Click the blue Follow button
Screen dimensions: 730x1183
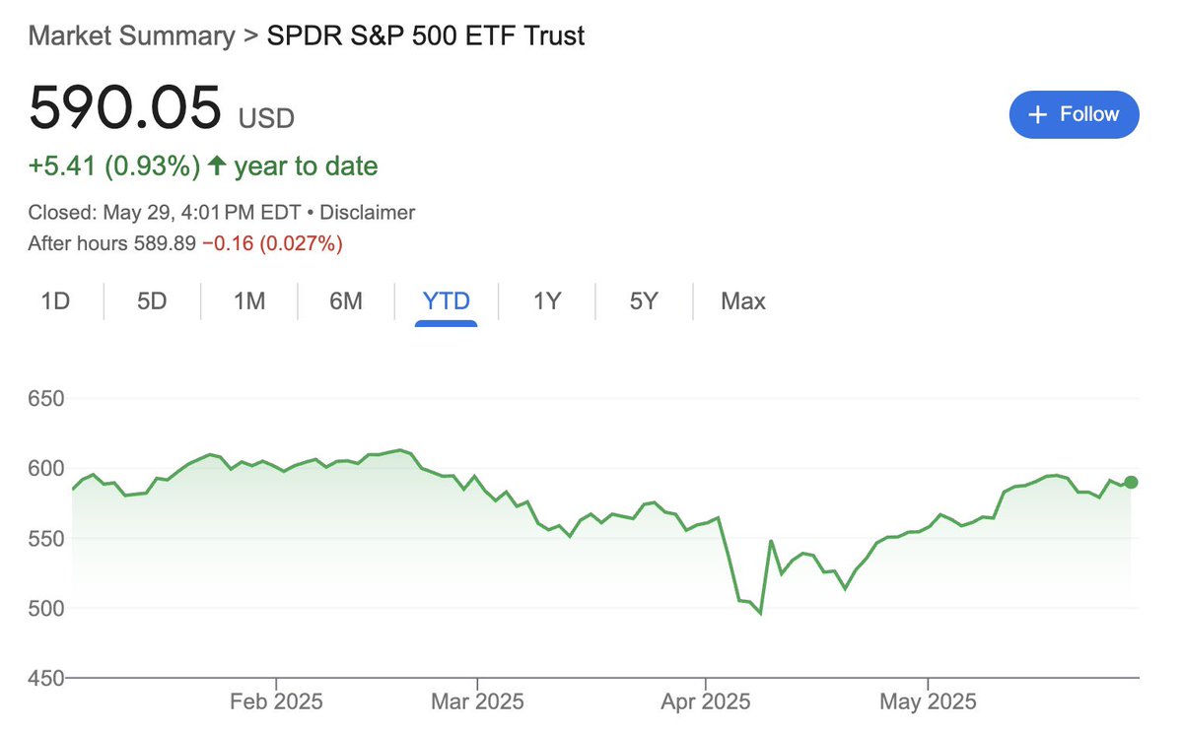click(1074, 114)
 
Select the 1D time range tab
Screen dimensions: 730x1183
click(55, 301)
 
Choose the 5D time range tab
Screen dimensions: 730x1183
click(152, 301)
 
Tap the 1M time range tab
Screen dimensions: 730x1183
click(249, 301)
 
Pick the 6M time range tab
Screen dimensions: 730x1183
click(346, 301)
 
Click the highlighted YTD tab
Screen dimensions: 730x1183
click(447, 301)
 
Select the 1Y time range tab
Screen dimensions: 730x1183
click(547, 301)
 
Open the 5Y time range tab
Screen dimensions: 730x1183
click(644, 301)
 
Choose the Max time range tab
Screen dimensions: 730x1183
click(743, 301)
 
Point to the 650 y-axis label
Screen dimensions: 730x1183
click(46, 399)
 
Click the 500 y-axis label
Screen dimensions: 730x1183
click(46, 608)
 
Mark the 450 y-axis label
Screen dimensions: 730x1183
click(46, 678)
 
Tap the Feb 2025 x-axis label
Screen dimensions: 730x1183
click(275, 702)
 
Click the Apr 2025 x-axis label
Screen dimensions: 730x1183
click(705, 702)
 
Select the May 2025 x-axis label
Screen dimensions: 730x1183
click(928, 702)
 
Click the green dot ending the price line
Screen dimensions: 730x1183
click(1131, 482)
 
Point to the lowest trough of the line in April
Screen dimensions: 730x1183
click(760, 614)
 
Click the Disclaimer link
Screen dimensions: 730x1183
click(367, 212)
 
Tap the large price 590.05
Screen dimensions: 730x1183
click(125, 108)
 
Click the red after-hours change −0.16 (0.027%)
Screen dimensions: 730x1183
click(272, 243)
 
